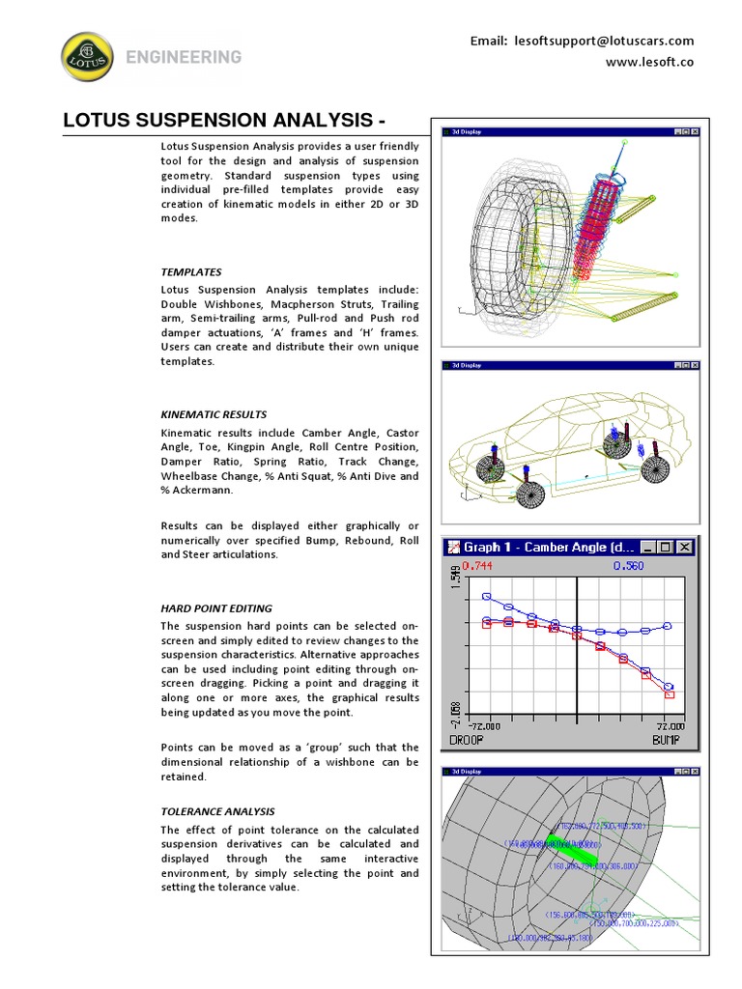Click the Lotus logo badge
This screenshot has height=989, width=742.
[x=86, y=57]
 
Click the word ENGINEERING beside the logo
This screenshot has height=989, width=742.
[x=184, y=57]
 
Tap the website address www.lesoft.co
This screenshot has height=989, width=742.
[x=649, y=62]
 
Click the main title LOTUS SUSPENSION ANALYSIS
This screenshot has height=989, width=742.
[x=224, y=121]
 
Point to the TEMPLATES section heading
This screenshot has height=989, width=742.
[x=190, y=272]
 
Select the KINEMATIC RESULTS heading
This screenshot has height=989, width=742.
[x=213, y=414]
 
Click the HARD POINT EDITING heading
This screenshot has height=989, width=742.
[x=215, y=608]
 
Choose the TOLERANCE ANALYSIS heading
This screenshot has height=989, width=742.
[x=217, y=812]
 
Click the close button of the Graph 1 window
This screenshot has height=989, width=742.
[x=685, y=548]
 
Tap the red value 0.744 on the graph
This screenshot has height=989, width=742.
[x=478, y=566]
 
